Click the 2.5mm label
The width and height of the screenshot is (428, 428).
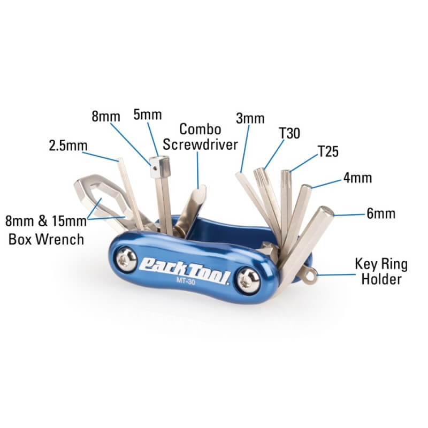click(x=68, y=146)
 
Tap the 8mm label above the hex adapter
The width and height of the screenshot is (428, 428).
click(x=106, y=117)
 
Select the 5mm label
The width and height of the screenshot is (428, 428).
click(x=148, y=114)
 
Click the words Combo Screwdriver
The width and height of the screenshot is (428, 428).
click(x=200, y=137)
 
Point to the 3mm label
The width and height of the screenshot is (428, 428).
click(x=250, y=118)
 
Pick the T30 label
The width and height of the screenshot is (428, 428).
click(x=289, y=133)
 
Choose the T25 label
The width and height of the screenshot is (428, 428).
click(x=328, y=151)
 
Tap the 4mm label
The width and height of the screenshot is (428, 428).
click(x=357, y=178)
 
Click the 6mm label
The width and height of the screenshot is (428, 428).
click(x=381, y=213)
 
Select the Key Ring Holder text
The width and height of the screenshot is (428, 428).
click(x=381, y=272)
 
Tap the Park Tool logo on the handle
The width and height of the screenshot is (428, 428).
click(x=184, y=269)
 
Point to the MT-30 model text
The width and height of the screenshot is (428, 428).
click(x=186, y=281)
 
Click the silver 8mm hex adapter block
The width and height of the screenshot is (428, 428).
click(x=159, y=167)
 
